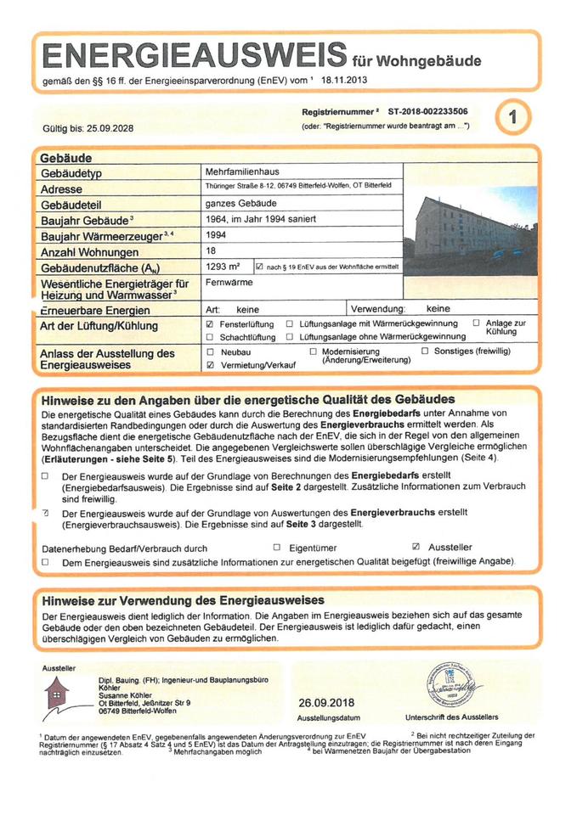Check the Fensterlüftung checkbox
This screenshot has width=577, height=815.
tap(209, 324)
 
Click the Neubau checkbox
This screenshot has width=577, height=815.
tap(209, 351)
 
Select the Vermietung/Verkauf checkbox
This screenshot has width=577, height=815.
tap(209, 363)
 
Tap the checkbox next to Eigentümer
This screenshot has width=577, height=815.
tap(276, 548)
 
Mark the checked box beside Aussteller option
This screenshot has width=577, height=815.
tap(416, 548)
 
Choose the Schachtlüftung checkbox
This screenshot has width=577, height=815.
tap(209, 337)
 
